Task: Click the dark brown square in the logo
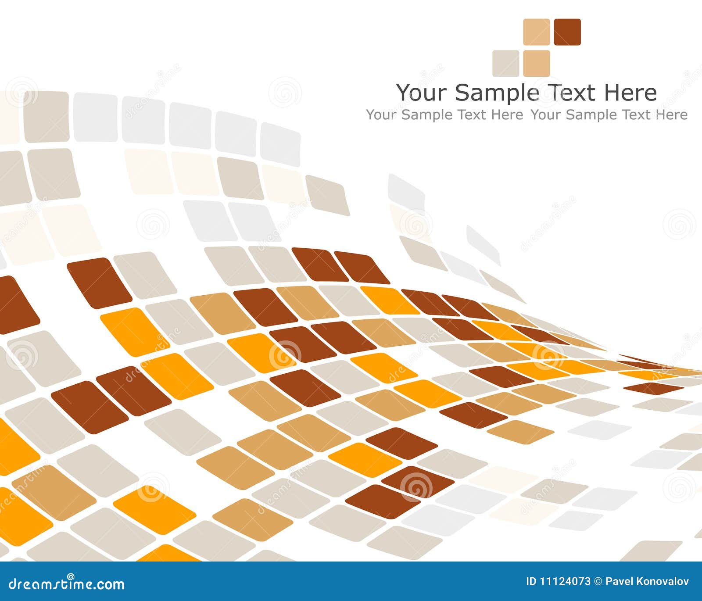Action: tap(567, 32)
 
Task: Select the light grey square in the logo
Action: tap(505, 63)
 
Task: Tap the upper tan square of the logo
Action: tap(537, 32)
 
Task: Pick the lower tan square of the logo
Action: tap(537, 63)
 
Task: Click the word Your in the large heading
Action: tap(421, 93)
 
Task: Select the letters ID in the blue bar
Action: tap(531, 582)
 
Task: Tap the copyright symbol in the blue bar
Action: tap(598, 582)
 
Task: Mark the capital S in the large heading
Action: tap(462, 93)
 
